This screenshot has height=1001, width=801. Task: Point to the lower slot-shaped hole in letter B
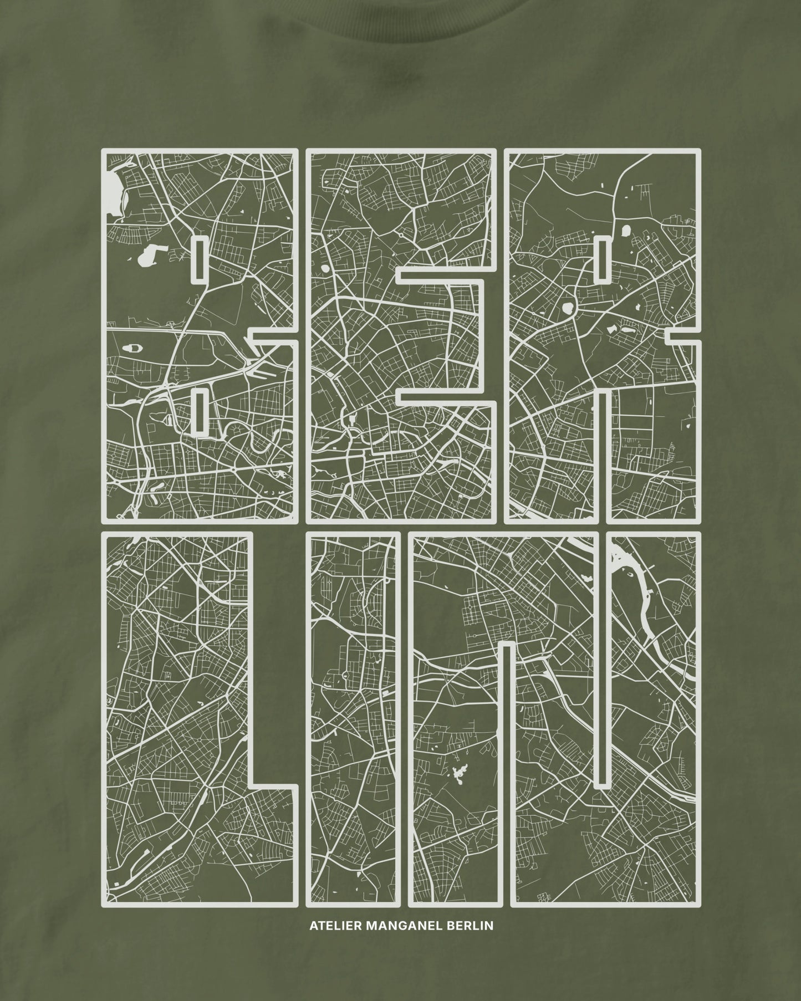tap(199, 410)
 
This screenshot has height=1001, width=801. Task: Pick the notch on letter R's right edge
tap(682, 335)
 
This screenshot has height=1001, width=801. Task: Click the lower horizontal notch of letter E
tap(443, 396)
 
